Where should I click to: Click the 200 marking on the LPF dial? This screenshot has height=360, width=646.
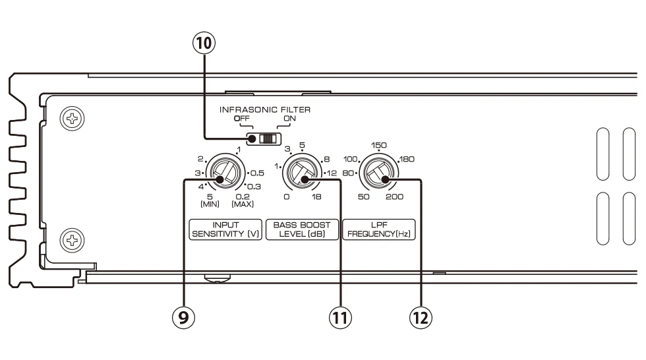pyautogui.click(x=396, y=197)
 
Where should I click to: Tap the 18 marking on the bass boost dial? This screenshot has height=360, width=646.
pyautogui.click(x=318, y=197)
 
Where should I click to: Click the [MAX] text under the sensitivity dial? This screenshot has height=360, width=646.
pyautogui.click(x=243, y=204)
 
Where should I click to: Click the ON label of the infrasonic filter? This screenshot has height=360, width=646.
pyautogui.click(x=289, y=119)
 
